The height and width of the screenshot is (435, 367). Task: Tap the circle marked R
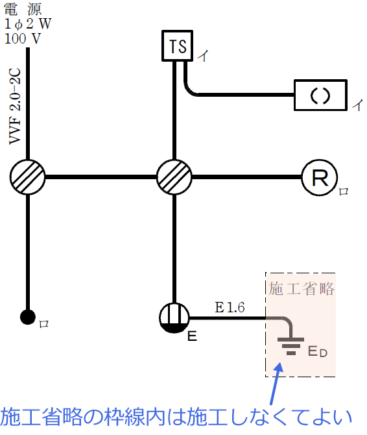click(x=319, y=177)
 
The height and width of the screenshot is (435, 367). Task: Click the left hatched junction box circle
click(x=28, y=177)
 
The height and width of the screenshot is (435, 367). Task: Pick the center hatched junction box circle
click(x=174, y=177)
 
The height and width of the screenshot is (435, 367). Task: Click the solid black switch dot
click(x=27, y=317)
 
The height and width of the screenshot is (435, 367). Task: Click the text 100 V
click(x=22, y=38)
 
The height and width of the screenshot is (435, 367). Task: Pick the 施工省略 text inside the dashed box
click(x=302, y=288)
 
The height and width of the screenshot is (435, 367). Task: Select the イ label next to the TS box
click(x=202, y=57)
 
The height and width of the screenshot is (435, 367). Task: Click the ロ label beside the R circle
click(x=344, y=192)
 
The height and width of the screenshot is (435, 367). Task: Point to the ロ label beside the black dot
click(x=43, y=322)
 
